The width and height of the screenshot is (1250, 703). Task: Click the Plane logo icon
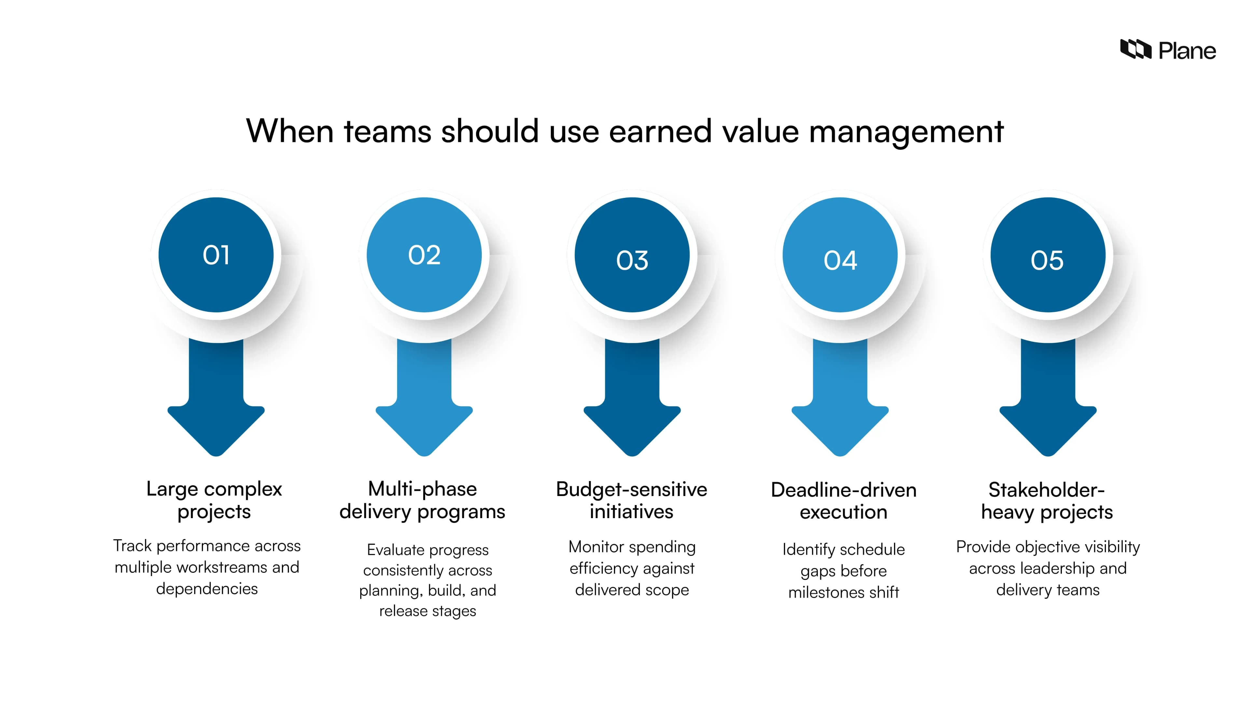[x=1135, y=49]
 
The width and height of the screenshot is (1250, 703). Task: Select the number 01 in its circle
[x=216, y=255]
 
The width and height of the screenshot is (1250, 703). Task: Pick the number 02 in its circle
[x=424, y=255]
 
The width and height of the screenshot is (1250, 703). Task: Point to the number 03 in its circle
[x=632, y=260]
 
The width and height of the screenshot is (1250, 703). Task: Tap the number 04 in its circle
[x=840, y=260]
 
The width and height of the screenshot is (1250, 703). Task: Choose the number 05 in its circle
[x=1047, y=260]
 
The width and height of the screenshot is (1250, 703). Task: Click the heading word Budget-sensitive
[x=631, y=489]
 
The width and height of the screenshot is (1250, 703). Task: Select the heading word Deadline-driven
[x=843, y=490]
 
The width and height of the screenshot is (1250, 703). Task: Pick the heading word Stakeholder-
[x=1046, y=490]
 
